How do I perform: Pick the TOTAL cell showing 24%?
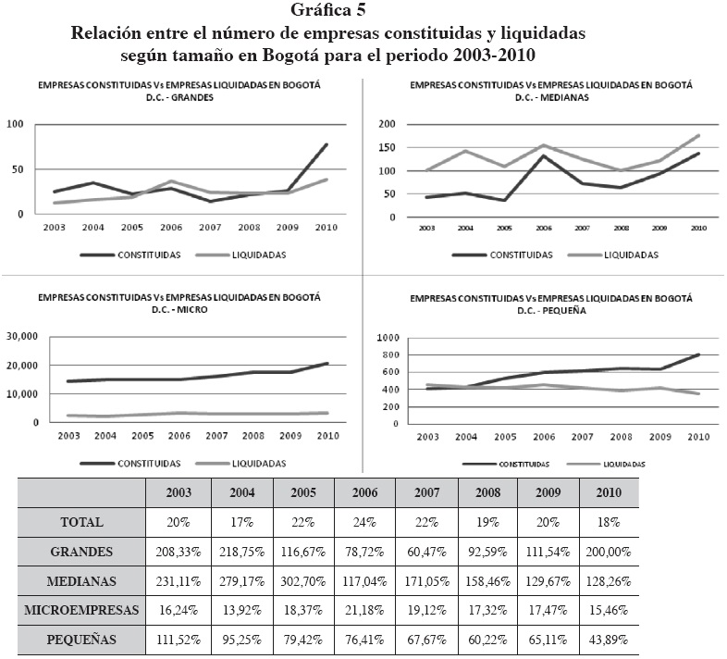coord(363,522)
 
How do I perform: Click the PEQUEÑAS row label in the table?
coord(82,640)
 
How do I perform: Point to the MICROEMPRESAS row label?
coord(82,610)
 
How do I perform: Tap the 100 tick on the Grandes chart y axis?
coord(15,124)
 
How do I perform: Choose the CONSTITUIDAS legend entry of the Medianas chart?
coord(520,254)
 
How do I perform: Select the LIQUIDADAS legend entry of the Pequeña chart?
coord(622,464)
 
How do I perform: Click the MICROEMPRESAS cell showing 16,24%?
coord(179,610)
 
